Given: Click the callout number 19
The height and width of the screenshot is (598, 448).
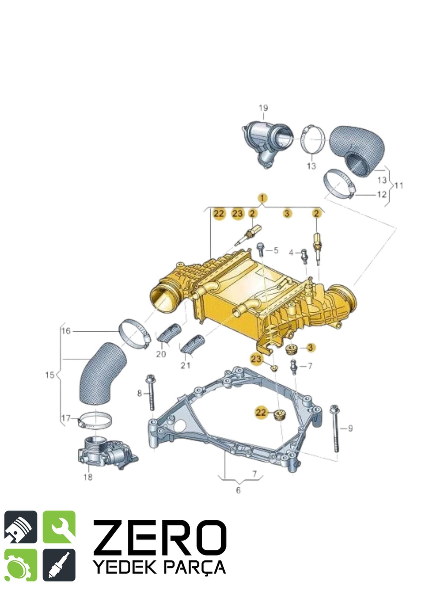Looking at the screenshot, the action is point(263,108).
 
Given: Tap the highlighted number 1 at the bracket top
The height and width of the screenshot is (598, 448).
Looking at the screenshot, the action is point(263,198).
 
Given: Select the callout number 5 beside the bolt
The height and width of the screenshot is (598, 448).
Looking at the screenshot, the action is point(276,250).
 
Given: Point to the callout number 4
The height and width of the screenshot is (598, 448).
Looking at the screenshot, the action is point(291,252).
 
